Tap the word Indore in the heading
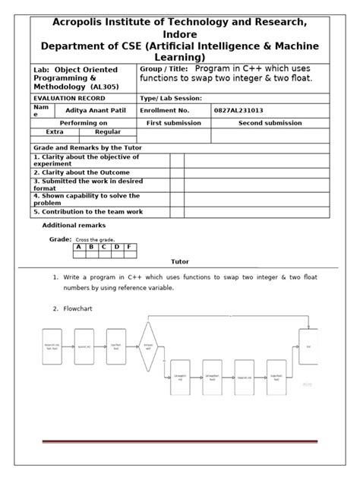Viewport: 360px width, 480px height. (x=180, y=34)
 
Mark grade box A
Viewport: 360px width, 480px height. (x=78, y=246)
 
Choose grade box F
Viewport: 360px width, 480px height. (x=129, y=246)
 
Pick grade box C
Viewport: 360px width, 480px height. (x=104, y=246)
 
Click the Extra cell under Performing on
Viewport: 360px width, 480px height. (x=55, y=132)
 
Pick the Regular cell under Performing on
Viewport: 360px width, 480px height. (x=107, y=132)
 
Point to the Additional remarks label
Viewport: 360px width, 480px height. (x=74, y=226)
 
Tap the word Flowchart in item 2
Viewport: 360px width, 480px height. (x=81, y=309)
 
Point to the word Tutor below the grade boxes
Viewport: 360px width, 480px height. (x=180, y=261)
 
